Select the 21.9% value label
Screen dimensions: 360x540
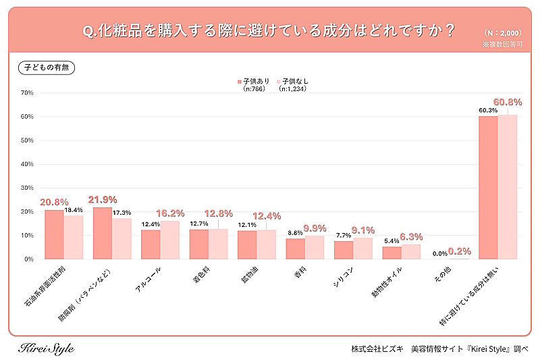tap(103, 199)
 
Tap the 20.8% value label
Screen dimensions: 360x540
tap(53, 202)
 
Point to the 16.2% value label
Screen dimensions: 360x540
tap(170, 212)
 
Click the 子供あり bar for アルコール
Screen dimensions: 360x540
tap(151, 245)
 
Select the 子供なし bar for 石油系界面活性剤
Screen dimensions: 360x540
tap(73, 237)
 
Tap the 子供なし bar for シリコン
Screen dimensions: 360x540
tap(362, 248)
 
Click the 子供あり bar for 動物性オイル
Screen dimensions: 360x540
tap(391, 253)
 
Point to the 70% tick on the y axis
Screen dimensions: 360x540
tap(27, 93)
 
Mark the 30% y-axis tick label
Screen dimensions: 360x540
tap(27, 188)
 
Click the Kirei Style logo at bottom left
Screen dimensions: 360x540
tap(45, 349)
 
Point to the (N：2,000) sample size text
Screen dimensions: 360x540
tap(503, 32)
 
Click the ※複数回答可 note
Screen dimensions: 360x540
tap(502, 44)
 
